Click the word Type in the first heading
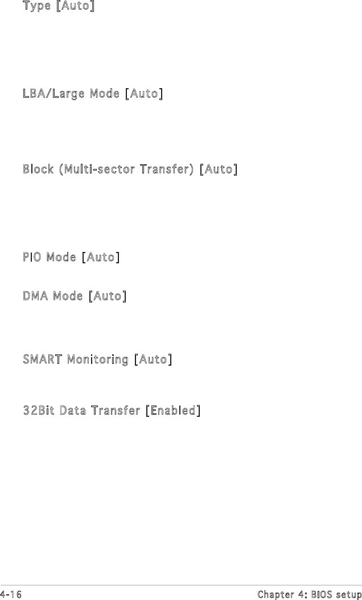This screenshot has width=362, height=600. [36, 7]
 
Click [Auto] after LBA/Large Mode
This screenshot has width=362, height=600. [143, 93]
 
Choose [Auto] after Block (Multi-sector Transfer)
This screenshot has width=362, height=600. [218, 169]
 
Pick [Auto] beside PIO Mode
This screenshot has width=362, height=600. [100, 257]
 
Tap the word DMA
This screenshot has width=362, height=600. [35, 296]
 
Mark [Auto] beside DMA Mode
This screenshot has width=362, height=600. [107, 296]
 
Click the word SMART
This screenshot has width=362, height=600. [43, 359]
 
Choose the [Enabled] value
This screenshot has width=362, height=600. [172, 410]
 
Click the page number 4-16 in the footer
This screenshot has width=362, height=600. [10, 594]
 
